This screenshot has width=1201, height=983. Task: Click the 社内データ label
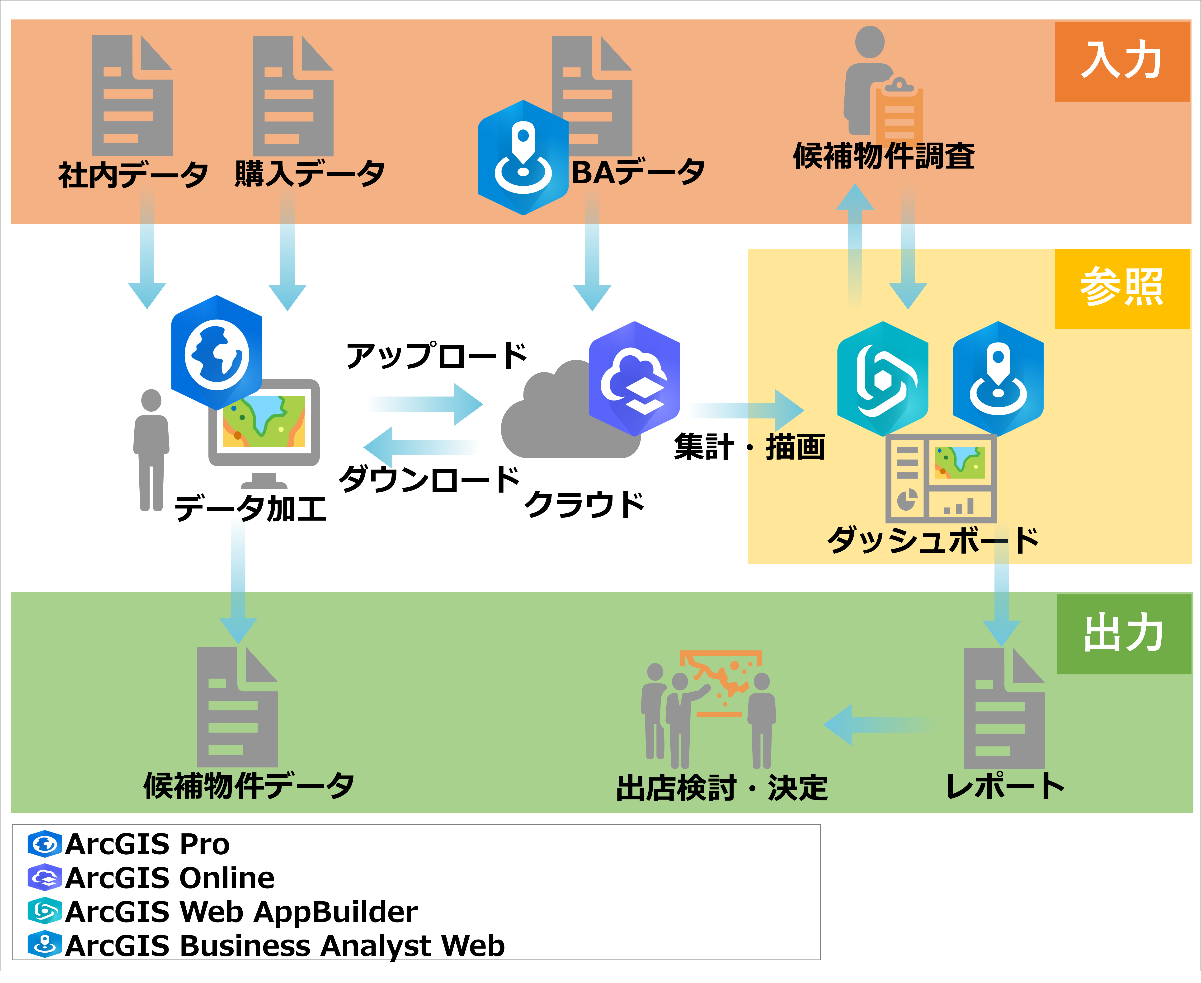click(133, 174)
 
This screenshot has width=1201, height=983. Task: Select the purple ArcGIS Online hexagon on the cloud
click(634, 378)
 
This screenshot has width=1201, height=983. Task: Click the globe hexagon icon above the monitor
click(217, 352)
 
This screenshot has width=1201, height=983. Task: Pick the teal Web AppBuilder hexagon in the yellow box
click(882, 378)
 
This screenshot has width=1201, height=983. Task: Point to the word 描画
click(795, 447)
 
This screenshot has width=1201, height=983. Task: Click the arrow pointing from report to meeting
click(878, 725)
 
